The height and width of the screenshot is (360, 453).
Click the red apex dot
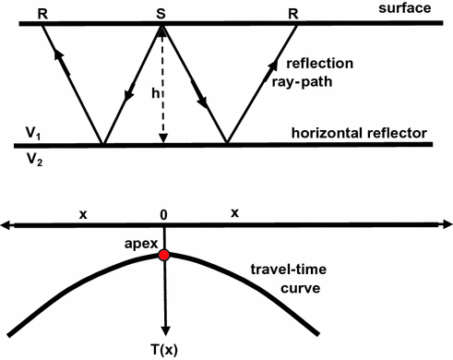[x=164, y=255]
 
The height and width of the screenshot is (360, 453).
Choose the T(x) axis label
[x=165, y=350]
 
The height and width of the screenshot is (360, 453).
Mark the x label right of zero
[x=234, y=212]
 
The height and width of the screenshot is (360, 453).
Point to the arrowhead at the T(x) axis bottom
[x=165, y=333]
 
